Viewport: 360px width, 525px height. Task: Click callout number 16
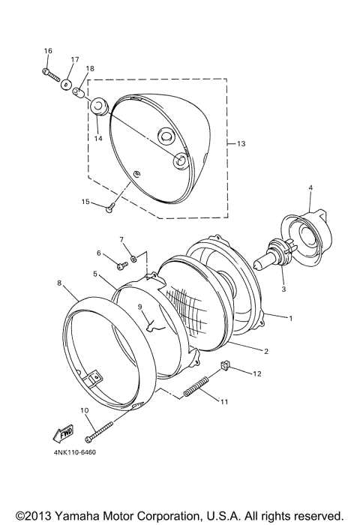point(48,51)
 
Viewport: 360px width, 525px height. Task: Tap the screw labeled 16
point(52,74)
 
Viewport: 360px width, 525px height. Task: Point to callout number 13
point(241,142)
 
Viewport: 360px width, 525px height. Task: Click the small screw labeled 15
point(110,208)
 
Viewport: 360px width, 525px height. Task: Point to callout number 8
point(59,283)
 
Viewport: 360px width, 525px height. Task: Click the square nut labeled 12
point(223,366)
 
